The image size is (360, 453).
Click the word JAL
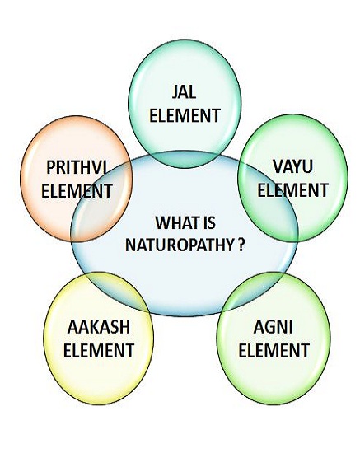click(184, 92)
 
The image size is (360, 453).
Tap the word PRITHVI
click(77, 167)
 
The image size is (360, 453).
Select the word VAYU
click(292, 166)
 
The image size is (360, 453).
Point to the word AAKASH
click(99, 327)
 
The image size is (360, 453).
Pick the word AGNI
click(274, 327)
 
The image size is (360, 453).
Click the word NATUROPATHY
click(180, 245)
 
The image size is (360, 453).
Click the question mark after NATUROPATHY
click(241, 245)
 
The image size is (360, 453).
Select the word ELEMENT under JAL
click(185, 115)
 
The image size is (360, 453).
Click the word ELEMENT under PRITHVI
click(77, 191)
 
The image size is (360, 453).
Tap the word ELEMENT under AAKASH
click(99, 350)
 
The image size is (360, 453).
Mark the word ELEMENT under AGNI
click(274, 350)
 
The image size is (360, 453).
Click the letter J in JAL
click(175, 92)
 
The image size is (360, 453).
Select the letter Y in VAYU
click(297, 166)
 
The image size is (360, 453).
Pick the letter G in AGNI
click(269, 327)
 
